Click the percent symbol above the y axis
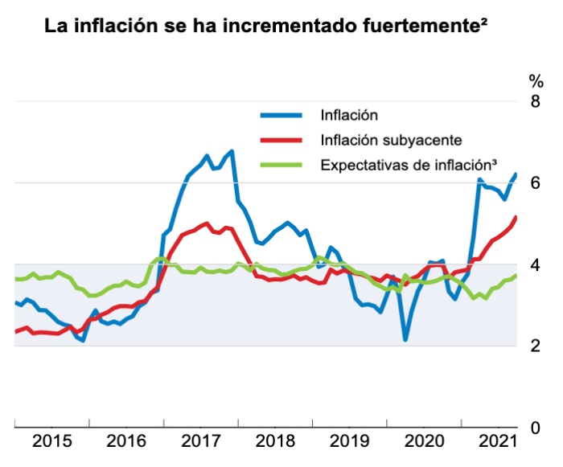[x=535, y=80]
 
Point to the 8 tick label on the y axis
[x=534, y=101]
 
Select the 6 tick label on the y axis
[x=534, y=183]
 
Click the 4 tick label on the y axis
[x=534, y=264]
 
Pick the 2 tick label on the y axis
[x=534, y=346]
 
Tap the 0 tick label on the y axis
[x=534, y=428]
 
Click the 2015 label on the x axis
[x=52, y=441]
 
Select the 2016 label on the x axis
[x=126, y=441]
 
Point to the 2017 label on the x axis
[x=201, y=441]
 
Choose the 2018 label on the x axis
[x=275, y=441]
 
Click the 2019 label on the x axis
[x=350, y=441]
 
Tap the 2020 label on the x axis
[x=425, y=441]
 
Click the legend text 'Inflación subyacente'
[x=390, y=140]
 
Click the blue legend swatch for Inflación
[x=281, y=115]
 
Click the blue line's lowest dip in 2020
[x=405, y=339]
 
